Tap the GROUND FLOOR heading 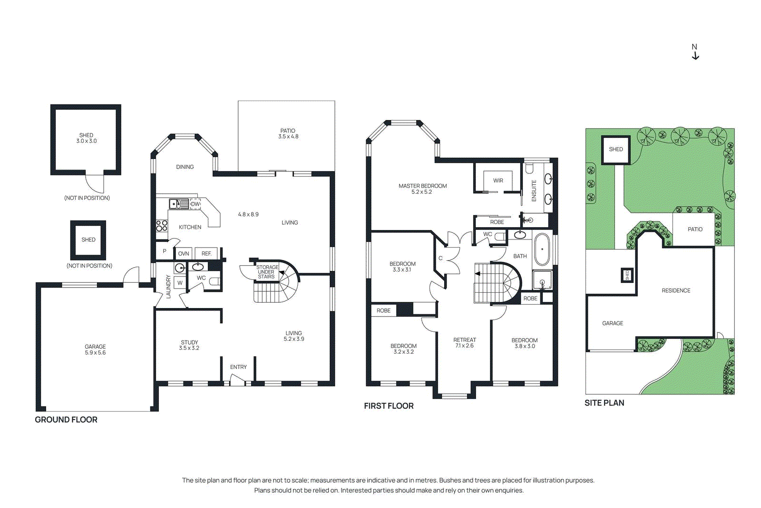[66, 419]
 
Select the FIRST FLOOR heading [389, 406]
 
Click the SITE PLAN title [604, 403]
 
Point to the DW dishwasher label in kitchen [195, 204]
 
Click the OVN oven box [184, 254]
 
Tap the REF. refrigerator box [206, 254]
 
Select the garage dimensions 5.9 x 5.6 [95, 353]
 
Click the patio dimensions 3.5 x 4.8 [288, 137]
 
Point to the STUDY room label [189, 342]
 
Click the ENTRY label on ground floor [238, 367]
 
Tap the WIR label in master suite [498, 180]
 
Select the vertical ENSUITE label [534, 190]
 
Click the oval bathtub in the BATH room [542, 249]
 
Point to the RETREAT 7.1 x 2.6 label [464, 343]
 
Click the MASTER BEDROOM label [422, 186]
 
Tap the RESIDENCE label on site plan [676, 290]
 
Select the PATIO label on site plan [695, 229]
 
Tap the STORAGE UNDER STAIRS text [267, 272]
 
